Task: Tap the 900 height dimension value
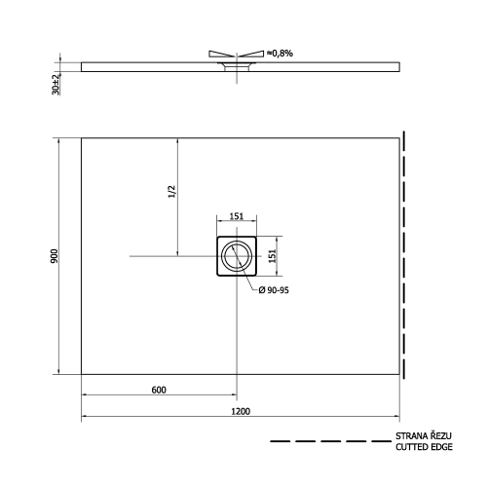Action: [56, 255]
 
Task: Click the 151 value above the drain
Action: [236, 217]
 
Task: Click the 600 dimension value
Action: [159, 390]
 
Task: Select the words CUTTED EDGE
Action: [425, 449]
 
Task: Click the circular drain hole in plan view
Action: [236, 256]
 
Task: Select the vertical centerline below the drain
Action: [236, 331]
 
